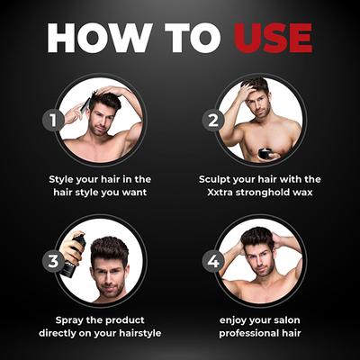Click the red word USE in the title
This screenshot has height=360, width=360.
tap(274, 38)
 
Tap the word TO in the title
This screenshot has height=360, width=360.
tap(193, 38)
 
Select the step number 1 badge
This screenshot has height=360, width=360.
tap(53, 121)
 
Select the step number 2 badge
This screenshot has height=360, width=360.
tap(213, 121)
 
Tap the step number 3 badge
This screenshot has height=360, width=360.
tap(53, 261)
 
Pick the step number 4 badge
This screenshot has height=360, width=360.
tap(213, 261)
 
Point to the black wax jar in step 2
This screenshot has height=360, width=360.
tap(265, 154)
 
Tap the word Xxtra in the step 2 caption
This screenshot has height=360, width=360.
tap(220, 193)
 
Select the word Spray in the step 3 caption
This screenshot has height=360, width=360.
tap(69, 320)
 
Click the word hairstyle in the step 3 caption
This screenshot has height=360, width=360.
tap(140, 334)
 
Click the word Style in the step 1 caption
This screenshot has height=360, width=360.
tap(61, 179)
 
